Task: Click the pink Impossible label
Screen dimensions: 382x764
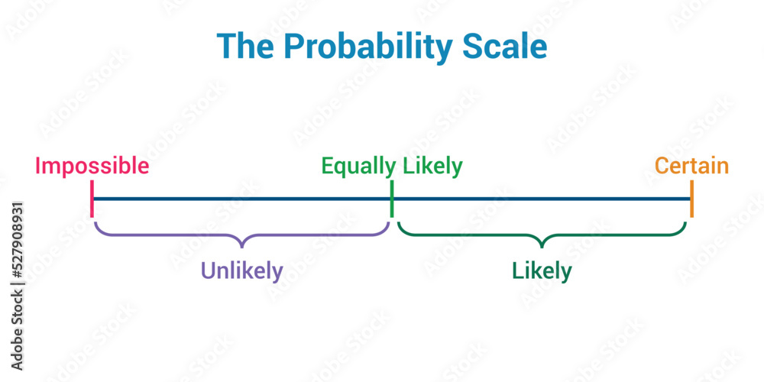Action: pos(92,166)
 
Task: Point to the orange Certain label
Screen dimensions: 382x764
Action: pos(691,166)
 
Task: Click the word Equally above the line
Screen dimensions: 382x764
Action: pos(358,167)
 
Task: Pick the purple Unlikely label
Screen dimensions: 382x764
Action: pos(241,270)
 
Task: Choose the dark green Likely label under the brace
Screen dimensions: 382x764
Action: pos(542,270)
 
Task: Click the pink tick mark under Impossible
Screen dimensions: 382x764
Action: pos(92,199)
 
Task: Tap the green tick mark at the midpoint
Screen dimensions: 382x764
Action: pos(392,199)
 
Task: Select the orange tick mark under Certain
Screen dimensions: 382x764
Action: pos(691,199)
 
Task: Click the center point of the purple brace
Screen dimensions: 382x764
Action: pos(241,243)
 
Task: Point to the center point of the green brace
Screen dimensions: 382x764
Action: pos(542,243)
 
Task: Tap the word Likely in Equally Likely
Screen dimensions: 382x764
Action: pos(432,167)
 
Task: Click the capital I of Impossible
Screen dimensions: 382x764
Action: pos(38,166)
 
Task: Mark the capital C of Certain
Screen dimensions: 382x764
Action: pos(662,166)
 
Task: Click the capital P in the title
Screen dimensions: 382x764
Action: pos(295,47)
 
